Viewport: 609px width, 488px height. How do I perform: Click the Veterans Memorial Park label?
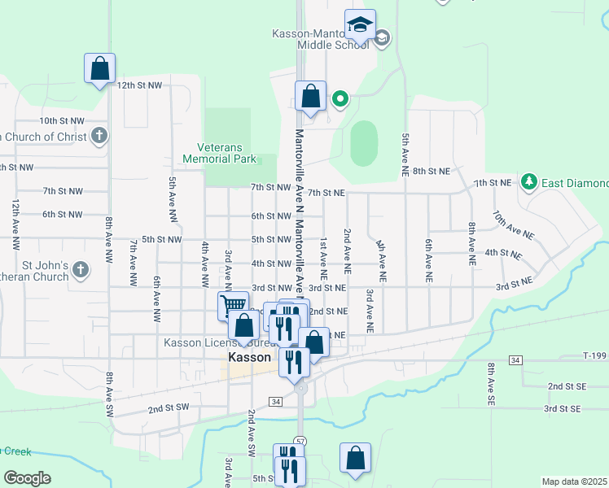pyautogui.click(x=226, y=154)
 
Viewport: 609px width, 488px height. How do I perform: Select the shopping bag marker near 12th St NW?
pyautogui.click(x=99, y=70)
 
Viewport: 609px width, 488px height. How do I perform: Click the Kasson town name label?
pyautogui.click(x=250, y=358)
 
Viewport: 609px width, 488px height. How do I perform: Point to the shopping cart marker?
pyautogui.click(x=233, y=306)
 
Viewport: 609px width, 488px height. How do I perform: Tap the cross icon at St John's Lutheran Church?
pyautogui.click(x=80, y=269)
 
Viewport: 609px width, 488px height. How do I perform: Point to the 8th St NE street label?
pyautogui.click(x=431, y=172)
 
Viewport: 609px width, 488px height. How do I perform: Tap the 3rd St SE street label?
pyautogui.click(x=563, y=408)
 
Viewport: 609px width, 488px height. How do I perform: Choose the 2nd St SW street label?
pyautogui.click(x=169, y=407)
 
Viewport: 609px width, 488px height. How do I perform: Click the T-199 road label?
pyautogui.click(x=595, y=355)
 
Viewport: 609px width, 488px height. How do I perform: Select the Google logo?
pyautogui.click(x=28, y=477)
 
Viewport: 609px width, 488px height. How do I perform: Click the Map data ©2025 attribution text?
pyautogui.click(x=574, y=481)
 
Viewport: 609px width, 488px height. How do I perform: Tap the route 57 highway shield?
pyautogui.click(x=300, y=440)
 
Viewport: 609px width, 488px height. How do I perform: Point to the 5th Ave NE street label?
pyautogui.click(x=405, y=154)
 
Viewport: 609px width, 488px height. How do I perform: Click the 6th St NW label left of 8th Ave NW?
pyautogui.click(x=63, y=215)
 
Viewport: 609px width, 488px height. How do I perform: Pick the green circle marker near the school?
pyautogui.click(x=340, y=100)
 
